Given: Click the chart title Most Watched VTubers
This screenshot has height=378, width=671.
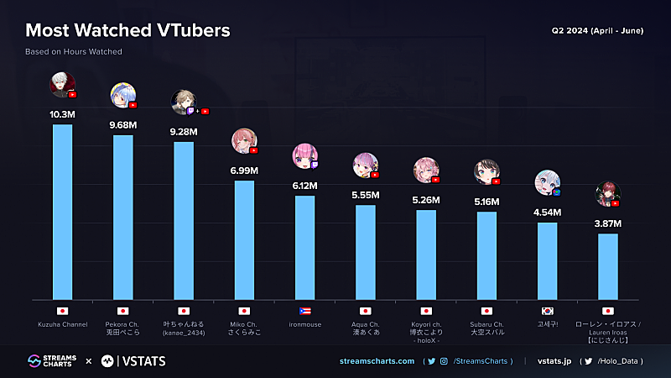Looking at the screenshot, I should tap(127, 31).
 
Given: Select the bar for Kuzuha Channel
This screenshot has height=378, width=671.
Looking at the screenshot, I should tap(63, 212).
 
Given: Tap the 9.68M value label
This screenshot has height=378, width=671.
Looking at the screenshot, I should tap(123, 125).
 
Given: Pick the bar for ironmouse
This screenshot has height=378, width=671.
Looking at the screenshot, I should tap(305, 247).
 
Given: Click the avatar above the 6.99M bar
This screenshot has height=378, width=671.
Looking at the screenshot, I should tap(243, 142).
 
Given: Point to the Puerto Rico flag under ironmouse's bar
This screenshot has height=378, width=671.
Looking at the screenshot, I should tap(305, 311).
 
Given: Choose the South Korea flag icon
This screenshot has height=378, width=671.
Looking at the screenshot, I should tap(547, 311).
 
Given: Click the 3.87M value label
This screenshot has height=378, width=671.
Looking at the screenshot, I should tap(607, 224).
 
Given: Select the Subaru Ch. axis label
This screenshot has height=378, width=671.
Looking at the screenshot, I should tap(486, 328).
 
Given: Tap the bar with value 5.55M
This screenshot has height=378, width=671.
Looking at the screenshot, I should tap(366, 252).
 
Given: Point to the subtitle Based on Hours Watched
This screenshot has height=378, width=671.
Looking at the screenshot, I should tap(74, 52).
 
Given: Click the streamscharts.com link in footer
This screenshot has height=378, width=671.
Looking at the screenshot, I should tap(377, 361).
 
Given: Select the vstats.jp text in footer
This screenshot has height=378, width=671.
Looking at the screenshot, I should tap(554, 361).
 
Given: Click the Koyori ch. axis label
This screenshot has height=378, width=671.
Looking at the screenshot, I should tap(426, 328).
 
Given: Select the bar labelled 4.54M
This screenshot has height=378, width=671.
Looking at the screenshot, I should tap(547, 260).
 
